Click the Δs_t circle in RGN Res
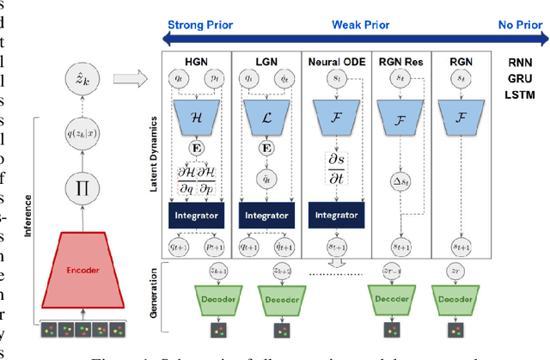pyautogui.click(x=399, y=180)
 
